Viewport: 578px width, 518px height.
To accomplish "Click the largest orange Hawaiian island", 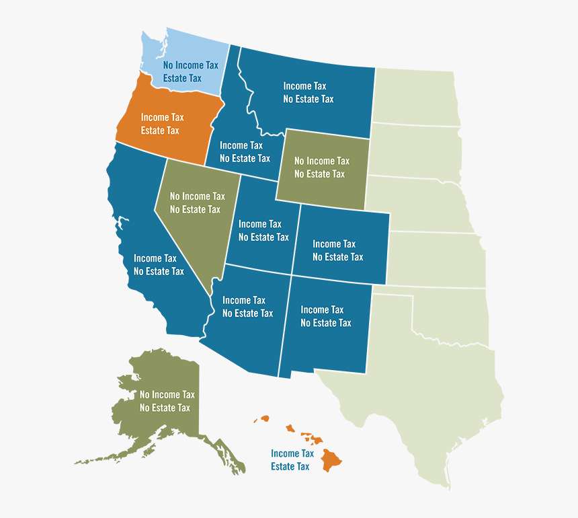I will pyautogui.click(x=331, y=461).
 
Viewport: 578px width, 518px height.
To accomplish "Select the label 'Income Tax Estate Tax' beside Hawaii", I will pyautogui.click(x=292, y=460).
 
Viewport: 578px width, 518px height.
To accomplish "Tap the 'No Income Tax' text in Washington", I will pyautogui.click(x=191, y=65).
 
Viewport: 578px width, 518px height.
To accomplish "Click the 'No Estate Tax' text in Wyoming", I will pyautogui.click(x=319, y=174).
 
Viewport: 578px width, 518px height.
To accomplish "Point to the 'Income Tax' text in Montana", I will pyautogui.click(x=306, y=86).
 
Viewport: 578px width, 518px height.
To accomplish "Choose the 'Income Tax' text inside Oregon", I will pyautogui.click(x=162, y=118).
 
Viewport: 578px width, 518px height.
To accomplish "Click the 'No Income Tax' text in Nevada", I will pyautogui.click(x=197, y=196).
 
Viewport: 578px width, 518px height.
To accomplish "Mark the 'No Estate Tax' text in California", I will pyautogui.click(x=159, y=272).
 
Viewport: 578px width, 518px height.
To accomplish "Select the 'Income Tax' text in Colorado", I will pyautogui.click(x=334, y=244).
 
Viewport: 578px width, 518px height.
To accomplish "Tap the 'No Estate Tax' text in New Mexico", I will pyautogui.click(x=325, y=323).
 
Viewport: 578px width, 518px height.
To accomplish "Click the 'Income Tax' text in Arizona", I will pyautogui.click(x=244, y=301).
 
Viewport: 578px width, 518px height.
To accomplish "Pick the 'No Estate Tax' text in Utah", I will pyautogui.click(x=263, y=237).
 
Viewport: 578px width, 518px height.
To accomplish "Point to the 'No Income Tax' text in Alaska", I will pyautogui.click(x=167, y=395).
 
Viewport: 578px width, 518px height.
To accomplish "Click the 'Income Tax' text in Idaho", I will pyautogui.click(x=241, y=145).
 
